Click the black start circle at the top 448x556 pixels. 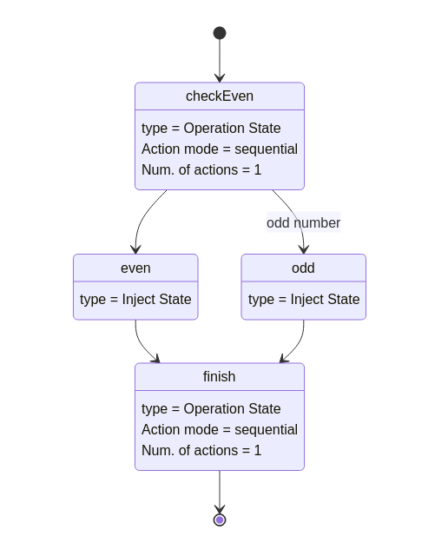tap(220, 33)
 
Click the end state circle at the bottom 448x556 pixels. tap(220, 520)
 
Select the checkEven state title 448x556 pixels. tap(220, 96)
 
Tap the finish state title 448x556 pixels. tap(220, 377)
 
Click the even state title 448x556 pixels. tap(135, 268)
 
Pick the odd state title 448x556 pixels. tap(303, 268)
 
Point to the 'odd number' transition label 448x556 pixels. tap(303, 222)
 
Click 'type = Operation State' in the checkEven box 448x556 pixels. tap(211, 129)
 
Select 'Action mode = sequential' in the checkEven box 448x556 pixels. tap(220, 149)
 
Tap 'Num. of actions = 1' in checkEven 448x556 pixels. tap(201, 169)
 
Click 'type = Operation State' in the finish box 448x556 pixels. tap(211, 408)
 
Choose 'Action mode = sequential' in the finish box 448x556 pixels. tap(220, 429)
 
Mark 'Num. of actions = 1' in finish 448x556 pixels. tap(201, 450)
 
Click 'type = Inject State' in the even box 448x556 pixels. tap(135, 300)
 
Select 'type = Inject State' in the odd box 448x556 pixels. tap(304, 300)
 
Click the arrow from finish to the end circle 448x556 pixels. tap(220, 491)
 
